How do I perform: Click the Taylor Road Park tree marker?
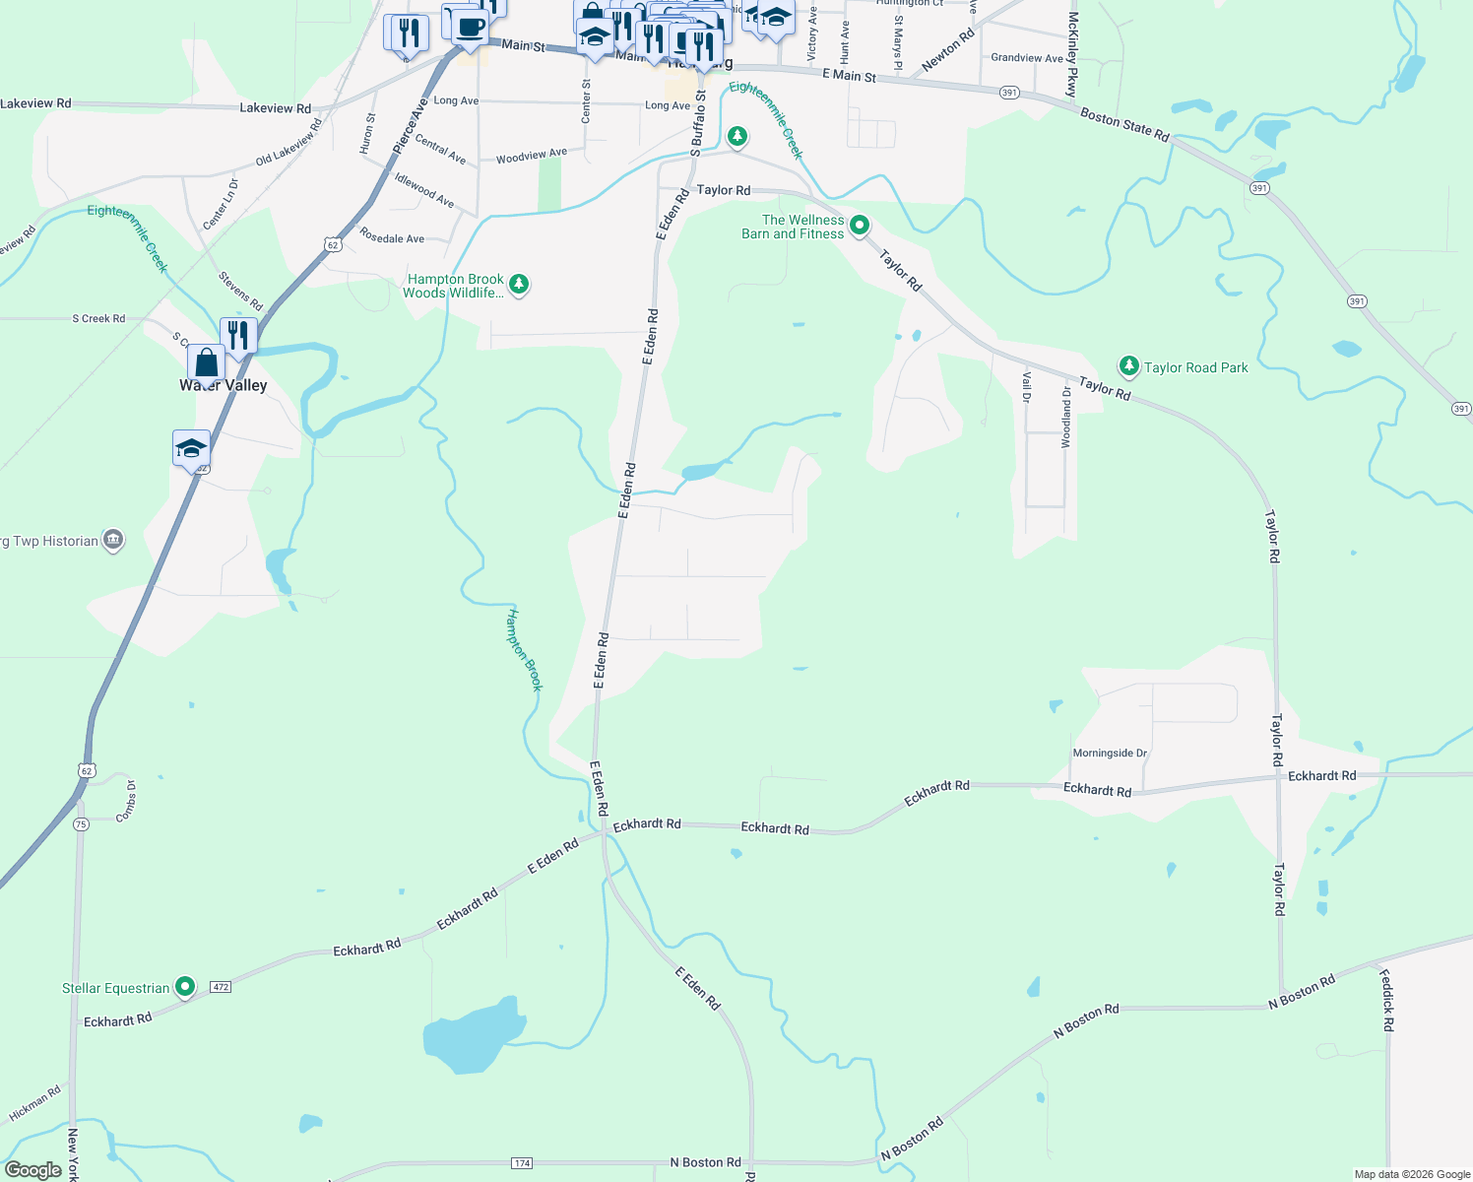tap(1129, 366)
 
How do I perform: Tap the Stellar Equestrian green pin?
tap(185, 987)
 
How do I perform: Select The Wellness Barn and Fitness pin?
tap(860, 227)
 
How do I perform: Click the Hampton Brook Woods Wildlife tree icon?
tap(519, 286)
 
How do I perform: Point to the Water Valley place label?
tap(224, 385)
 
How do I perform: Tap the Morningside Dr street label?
tap(1110, 754)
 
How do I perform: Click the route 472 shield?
tap(221, 986)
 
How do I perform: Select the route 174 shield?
tap(522, 1163)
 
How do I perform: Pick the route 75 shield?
tap(81, 824)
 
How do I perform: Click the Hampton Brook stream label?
tap(524, 650)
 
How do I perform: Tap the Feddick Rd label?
tap(1386, 1001)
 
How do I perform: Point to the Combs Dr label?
tap(127, 801)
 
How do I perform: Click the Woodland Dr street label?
tap(1066, 418)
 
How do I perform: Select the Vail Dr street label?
tap(1026, 387)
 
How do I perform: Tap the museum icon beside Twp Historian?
tap(113, 540)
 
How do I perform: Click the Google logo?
tap(33, 1170)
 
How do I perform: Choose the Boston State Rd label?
tap(1124, 124)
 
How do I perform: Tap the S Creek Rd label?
tap(98, 319)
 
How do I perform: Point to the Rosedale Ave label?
tap(392, 238)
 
